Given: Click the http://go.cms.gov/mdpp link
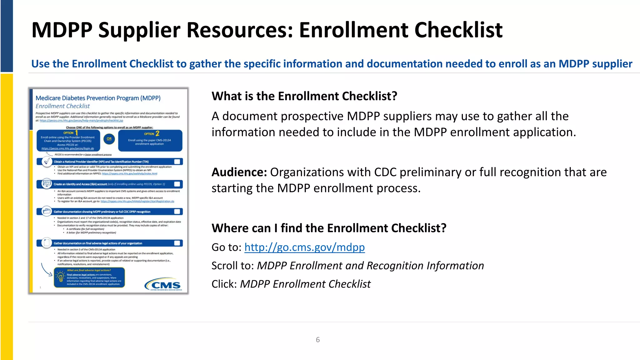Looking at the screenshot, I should pyautogui.click(x=304, y=247).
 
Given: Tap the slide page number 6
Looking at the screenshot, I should pyautogui.click(x=318, y=340).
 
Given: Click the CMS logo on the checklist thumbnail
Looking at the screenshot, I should pyautogui.click(x=163, y=284).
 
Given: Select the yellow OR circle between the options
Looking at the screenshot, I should pyautogui.click(x=109, y=139).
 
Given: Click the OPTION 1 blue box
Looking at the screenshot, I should pyautogui.click(x=68, y=141).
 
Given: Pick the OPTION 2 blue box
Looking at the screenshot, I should pyautogui.click(x=150, y=141).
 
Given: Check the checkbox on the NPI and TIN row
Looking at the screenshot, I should pyautogui.click(x=177, y=162).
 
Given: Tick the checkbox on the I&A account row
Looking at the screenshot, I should pyautogui.click(x=177, y=184).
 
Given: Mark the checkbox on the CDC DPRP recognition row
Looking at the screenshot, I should pyautogui.click(x=177, y=212).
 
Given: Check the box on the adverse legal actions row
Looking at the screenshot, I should pyautogui.click(x=177, y=243).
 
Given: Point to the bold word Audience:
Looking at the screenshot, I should pyautogui.click(x=239, y=172).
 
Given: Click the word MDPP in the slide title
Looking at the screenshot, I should pyautogui.click(x=62, y=30).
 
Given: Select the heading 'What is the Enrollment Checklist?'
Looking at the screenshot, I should pyautogui.click(x=304, y=96).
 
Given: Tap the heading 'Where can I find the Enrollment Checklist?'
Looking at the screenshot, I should pyautogui.click(x=329, y=228).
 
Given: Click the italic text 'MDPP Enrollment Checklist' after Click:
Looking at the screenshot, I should pyautogui.click(x=305, y=284).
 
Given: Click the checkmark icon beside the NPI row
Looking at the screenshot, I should pyautogui.click(x=47, y=162).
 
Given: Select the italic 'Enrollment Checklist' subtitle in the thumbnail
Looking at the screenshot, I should pyautogui.click(x=62, y=106).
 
